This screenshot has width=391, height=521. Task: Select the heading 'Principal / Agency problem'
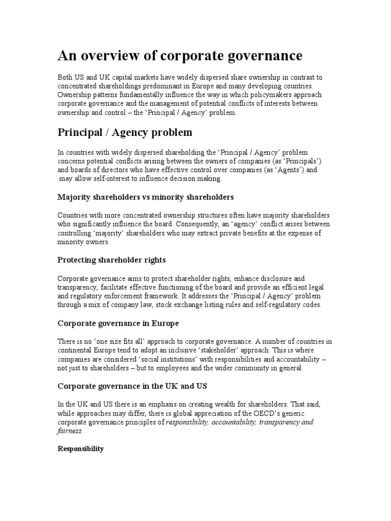click(125, 132)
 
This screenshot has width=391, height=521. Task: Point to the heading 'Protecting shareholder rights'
click(111, 260)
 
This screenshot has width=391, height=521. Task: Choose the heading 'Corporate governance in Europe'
click(118, 323)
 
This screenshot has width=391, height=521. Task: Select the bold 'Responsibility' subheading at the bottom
click(80, 449)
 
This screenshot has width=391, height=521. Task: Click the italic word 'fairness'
click(69, 431)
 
